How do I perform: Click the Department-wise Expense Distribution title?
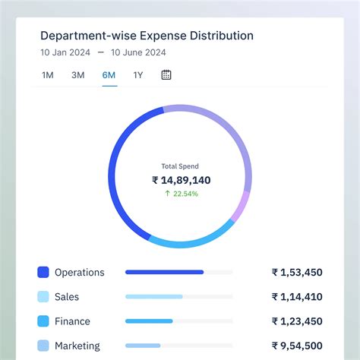tap(147, 36)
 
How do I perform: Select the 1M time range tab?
tap(48, 75)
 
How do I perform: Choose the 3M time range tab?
tap(78, 75)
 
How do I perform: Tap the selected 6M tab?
tap(109, 75)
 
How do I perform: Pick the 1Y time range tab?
tap(138, 75)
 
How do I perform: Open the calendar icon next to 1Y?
tap(166, 75)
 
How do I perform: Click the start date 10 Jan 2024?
tap(65, 53)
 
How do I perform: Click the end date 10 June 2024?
tap(138, 53)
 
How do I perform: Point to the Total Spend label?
tap(180, 166)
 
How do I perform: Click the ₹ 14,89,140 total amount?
tap(181, 180)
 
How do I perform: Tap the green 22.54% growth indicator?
tap(181, 194)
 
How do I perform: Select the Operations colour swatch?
tap(43, 272)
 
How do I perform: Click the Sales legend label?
tap(67, 297)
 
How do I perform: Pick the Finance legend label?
tap(72, 321)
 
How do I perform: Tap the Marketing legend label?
tap(77, 346)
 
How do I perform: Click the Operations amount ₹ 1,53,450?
tap(297, 272)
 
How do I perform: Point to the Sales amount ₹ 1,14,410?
tap(297, 297)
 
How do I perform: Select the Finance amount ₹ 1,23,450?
tap(297, 321)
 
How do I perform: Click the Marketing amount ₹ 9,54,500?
tap(297, 346)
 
